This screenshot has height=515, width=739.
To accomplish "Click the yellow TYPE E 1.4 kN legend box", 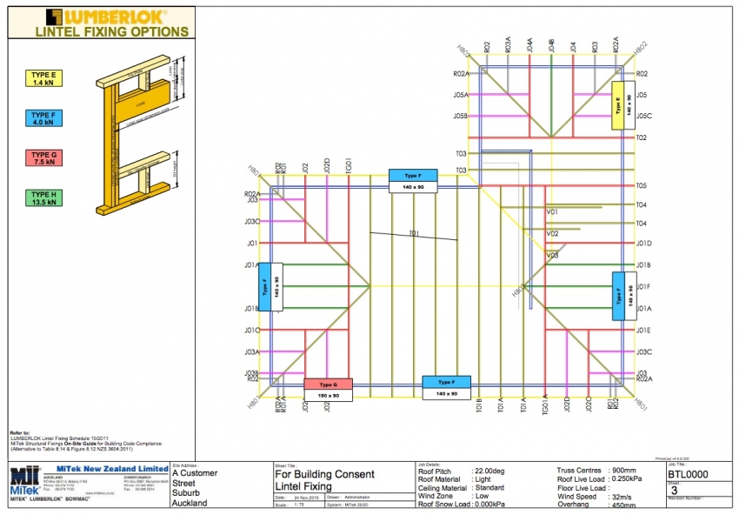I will (x=43, y=80).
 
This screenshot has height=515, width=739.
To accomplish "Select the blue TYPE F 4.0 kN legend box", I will (x=43, y=119).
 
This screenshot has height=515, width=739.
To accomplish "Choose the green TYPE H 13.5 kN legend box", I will (x=43, y=197).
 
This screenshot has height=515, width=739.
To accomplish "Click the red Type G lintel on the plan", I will (x=328, y=384).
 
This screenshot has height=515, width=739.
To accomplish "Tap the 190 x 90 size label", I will (x=328, y=394).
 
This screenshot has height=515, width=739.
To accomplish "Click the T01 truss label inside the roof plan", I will (x=414, y=233).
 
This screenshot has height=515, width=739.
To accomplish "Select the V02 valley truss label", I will (x=552, y=234).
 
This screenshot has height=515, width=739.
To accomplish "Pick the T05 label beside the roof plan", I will (x=642, y=186).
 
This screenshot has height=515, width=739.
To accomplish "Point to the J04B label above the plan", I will (x=551, y=45).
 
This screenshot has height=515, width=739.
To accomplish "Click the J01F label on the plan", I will (x=643, y=286).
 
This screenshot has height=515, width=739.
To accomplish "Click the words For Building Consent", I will (x=324, y=474).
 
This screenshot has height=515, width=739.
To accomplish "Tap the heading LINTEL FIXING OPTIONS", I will (x=111, y=31).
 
